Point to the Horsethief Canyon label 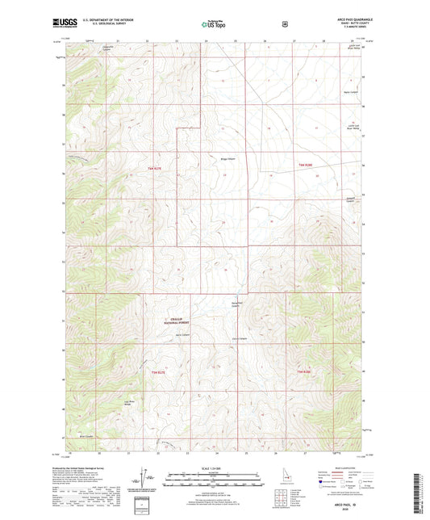[236, 304]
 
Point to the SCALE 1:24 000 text [215, 469]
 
